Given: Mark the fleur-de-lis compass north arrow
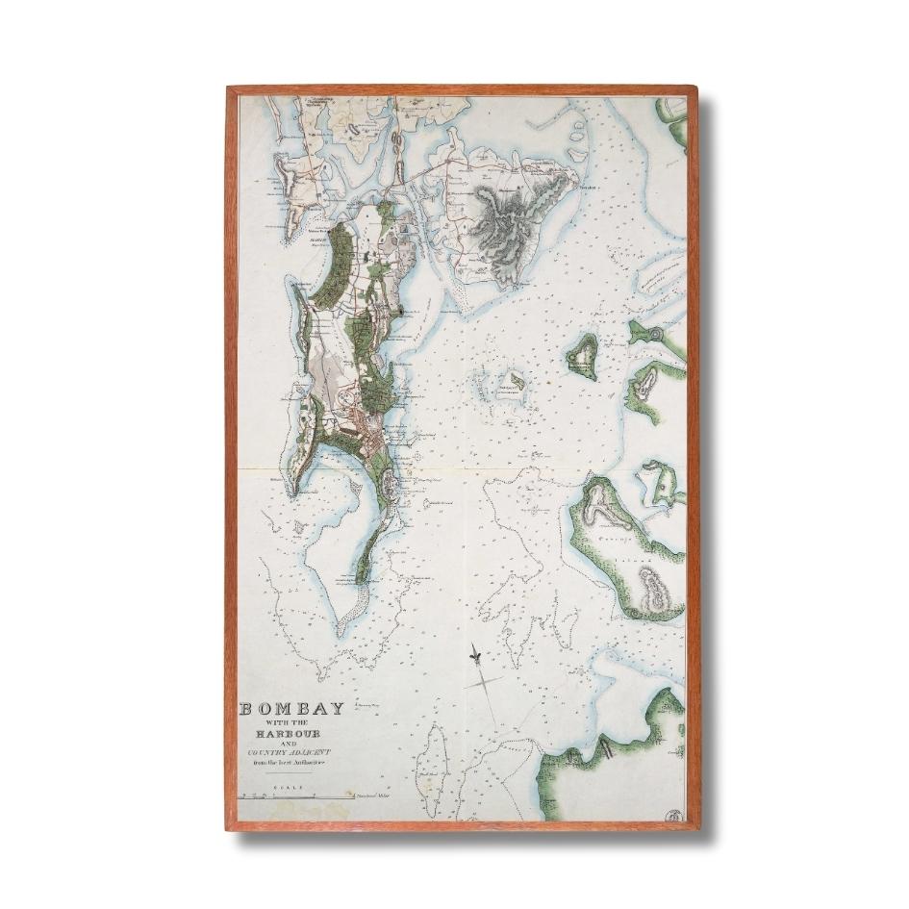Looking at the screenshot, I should click(x=475, y=656).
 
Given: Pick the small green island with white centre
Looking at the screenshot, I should click(x=581, y=357).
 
